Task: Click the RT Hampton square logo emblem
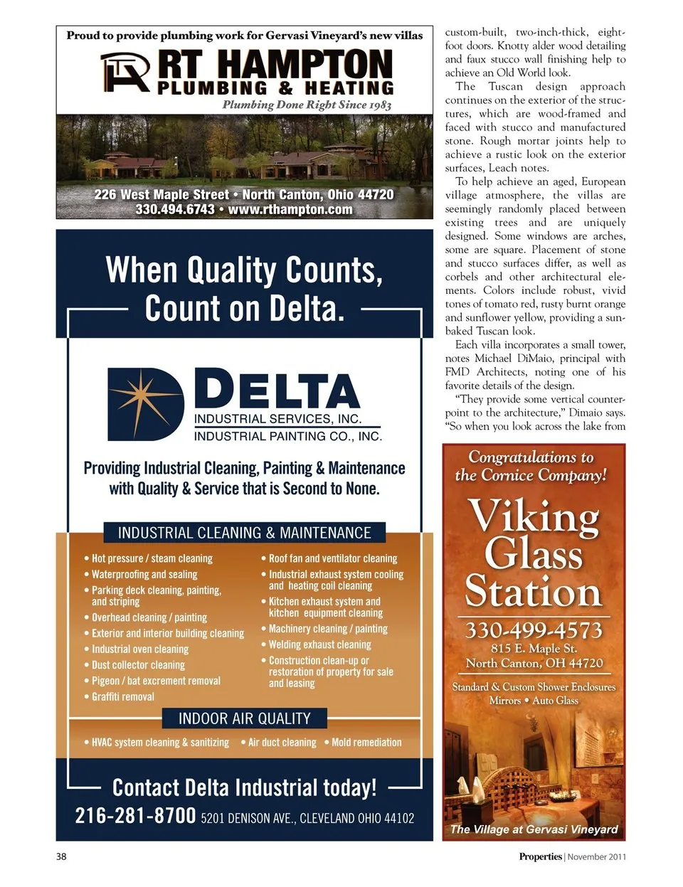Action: point(125,73)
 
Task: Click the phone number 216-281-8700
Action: point(135,815)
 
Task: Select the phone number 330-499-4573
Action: point(534,630)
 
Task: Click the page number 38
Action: point(61,856)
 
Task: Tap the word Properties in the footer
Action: point(540,856)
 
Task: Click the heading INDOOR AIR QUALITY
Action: point(244,718)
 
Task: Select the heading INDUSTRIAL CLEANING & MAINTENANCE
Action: point(244,533)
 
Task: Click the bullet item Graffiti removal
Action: point(122,696)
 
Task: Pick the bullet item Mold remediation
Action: point(366,742)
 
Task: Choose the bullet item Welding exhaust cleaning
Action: point(319,644)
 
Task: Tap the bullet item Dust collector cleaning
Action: point(138,665)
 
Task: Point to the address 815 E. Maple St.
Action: point(534,649)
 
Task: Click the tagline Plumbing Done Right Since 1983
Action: point(307,105)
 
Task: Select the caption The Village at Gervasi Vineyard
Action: point(534,829)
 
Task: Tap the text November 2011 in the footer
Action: point(597,856)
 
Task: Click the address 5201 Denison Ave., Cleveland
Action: point(307,818)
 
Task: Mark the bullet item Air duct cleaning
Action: point(282,742)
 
